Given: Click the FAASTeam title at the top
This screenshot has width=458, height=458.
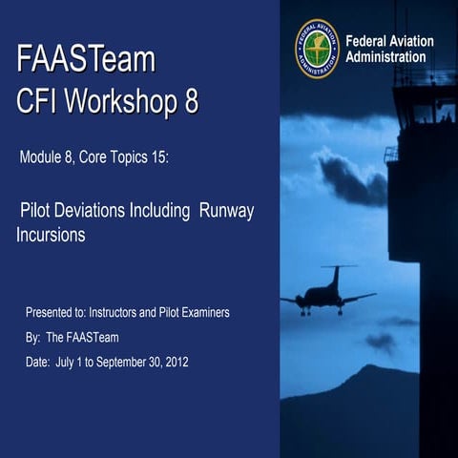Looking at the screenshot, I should click(x=85, y=59).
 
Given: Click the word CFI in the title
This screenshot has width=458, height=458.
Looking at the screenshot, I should click(x=40, y=100).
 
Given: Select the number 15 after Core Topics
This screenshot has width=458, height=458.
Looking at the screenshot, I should click(x=156, y=157).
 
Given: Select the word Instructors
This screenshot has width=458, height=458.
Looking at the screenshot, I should click(x=119, y=312).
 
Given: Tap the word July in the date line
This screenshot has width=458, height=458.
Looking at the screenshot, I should click(x=69, y=362).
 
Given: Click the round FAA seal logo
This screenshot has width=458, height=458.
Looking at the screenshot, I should click(x=317, y=49).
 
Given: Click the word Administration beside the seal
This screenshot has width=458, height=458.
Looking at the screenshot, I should click(x=385, y=57).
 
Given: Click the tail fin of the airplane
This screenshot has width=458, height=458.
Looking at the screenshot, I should click(x=335, y=276).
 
